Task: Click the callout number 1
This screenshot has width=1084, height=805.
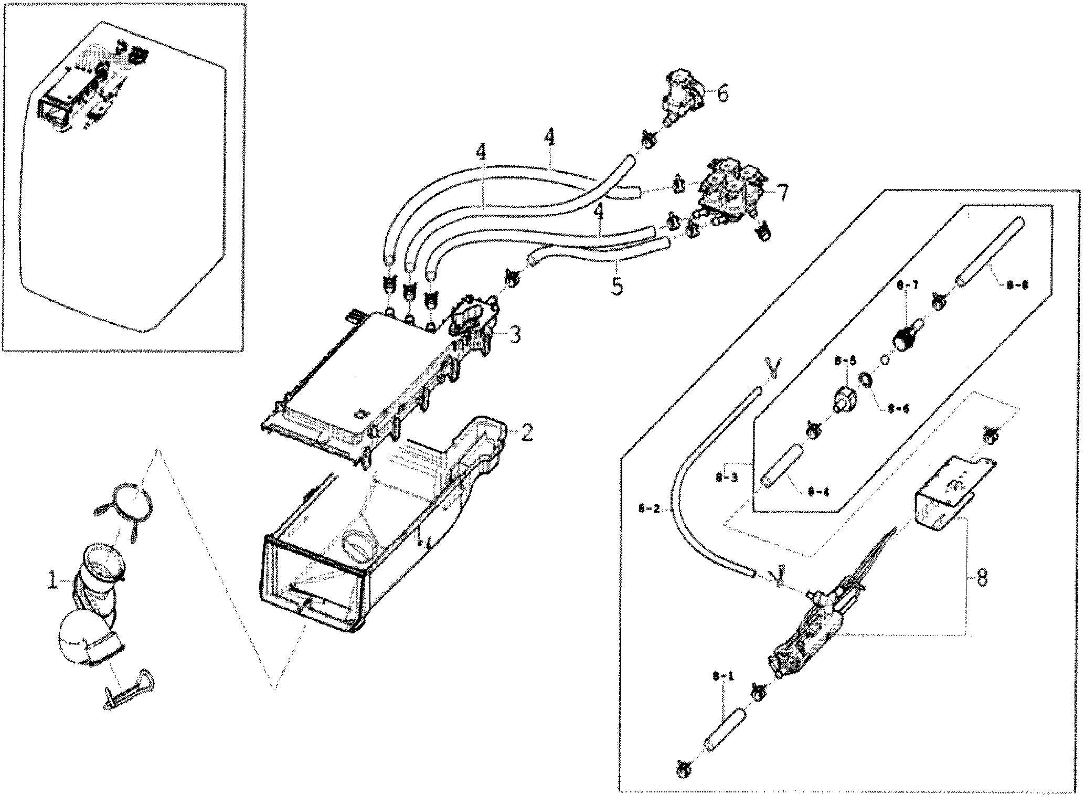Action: (x=52, y=581)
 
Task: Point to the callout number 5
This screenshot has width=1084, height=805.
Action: (x=617, y=287)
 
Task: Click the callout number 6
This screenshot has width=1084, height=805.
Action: (x=722, y=94)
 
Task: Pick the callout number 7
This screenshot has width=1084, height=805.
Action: (x=782, y=193)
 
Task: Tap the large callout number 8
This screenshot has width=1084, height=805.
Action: (x=982, y=578)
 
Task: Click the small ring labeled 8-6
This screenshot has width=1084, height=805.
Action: (x=863, y=378)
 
